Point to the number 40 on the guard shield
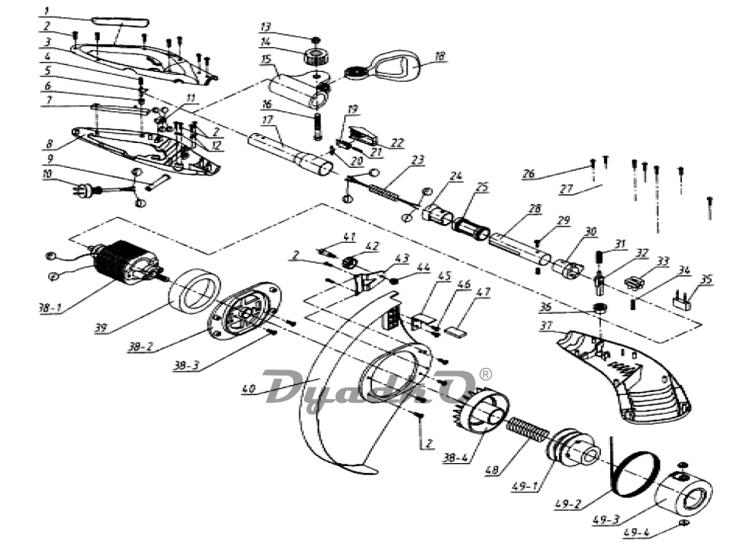click(248, 389)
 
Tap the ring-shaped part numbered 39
click(193, 291)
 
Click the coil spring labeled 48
click(527, 431)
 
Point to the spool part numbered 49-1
click(572, 451)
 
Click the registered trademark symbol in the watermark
click(486, 373)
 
